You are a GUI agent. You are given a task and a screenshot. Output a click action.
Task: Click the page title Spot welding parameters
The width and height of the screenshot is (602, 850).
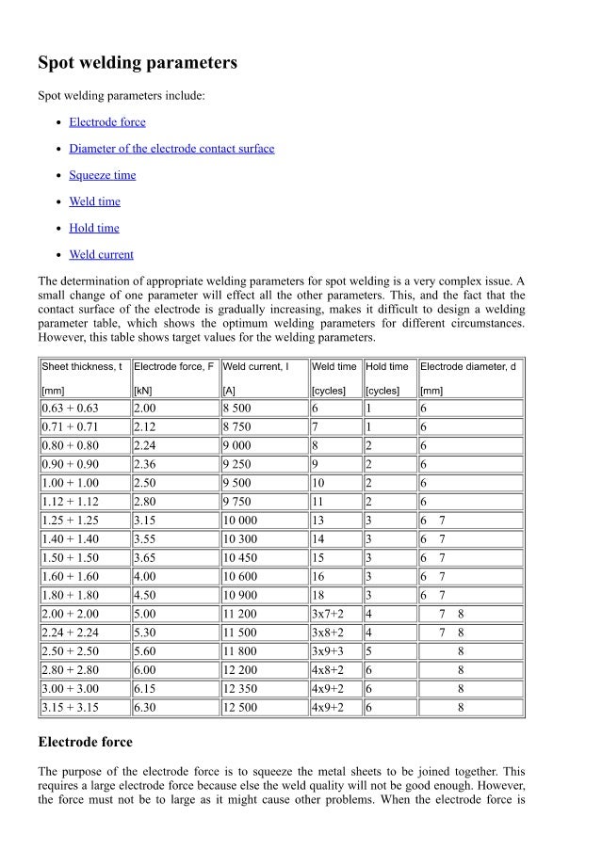click(137, 63)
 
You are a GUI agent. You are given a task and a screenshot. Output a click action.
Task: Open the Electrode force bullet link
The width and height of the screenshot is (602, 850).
click(107, 122)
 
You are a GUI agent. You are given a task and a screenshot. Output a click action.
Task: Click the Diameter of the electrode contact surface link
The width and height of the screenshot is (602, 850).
click(171, 149)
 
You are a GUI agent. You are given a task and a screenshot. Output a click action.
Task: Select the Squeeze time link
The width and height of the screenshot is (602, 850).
click(102, 175)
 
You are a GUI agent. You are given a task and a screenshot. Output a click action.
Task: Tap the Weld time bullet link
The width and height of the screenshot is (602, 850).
click(94, 201)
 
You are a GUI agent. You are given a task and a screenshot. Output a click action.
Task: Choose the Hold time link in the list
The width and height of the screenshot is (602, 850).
click(94, 228)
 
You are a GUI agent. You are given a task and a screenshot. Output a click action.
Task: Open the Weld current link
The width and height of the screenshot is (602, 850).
click(101, 254)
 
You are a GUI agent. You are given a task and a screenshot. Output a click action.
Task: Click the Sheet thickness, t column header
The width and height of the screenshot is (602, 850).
click(82, 366)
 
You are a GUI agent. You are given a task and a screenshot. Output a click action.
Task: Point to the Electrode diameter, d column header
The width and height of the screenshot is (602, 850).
click(468, 366)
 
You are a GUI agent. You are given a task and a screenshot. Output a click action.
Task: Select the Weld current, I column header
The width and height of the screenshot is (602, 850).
click(255, 366)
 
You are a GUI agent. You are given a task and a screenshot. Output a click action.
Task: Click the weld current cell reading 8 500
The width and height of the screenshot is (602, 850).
click(236, 408)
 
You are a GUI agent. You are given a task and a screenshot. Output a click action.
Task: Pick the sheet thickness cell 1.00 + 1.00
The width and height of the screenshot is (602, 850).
click(70, 483)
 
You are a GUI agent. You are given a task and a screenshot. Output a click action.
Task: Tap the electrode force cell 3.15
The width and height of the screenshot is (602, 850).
click(146, 521)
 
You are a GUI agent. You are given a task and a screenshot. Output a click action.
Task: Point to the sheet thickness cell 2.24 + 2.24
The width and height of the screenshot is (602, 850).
click(70, 633)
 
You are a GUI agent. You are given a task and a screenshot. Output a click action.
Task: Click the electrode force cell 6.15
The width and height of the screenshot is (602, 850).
click(146, 689)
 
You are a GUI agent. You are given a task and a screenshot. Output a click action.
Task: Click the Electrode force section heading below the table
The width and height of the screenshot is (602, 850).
click(85, 742)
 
